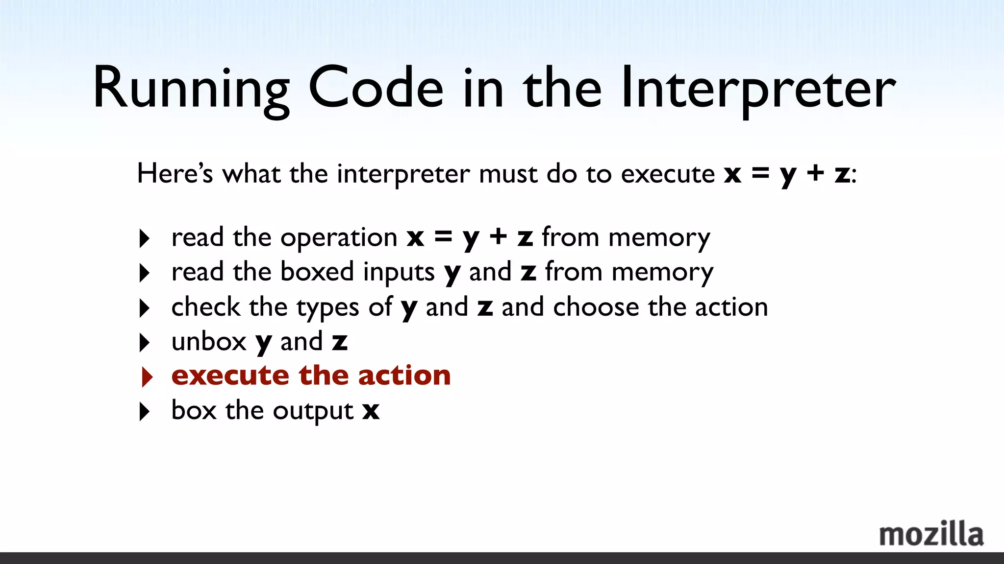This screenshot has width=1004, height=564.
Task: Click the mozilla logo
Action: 931,534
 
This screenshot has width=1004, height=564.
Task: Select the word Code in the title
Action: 376,88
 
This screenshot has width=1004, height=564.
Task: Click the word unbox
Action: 209,341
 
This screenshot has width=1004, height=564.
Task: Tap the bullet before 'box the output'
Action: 145,411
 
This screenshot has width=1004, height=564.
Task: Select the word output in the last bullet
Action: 313,411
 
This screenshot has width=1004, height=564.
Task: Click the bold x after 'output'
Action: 371,411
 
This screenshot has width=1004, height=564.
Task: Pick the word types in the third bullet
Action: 328,308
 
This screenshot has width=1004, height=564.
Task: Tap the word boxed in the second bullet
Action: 317,271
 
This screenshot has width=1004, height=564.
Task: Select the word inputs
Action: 399,273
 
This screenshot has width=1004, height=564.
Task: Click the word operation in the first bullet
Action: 339,238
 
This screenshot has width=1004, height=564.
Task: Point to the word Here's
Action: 175,173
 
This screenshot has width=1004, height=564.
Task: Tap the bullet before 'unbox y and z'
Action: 145,342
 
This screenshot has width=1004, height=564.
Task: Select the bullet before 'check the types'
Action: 145,308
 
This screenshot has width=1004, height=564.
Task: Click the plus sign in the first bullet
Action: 498,237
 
